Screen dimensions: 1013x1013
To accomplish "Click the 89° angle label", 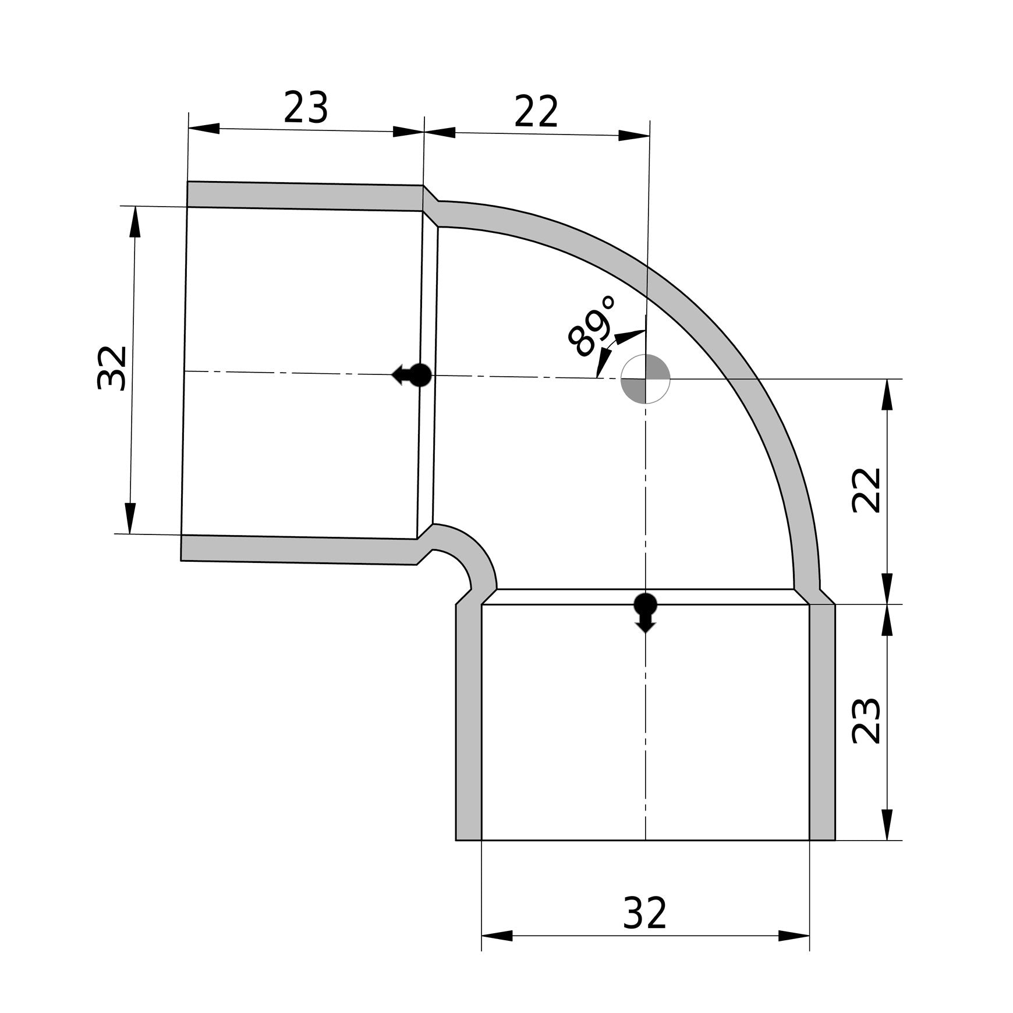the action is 591,326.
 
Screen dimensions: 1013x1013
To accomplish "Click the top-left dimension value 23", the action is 306,108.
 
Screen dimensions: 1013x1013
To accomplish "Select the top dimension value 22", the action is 536,112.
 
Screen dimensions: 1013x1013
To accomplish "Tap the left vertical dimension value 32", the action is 111,368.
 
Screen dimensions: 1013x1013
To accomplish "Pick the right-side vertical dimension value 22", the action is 866,490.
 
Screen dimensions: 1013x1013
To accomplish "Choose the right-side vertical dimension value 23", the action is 866,721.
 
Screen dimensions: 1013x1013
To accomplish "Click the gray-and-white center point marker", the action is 646,378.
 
